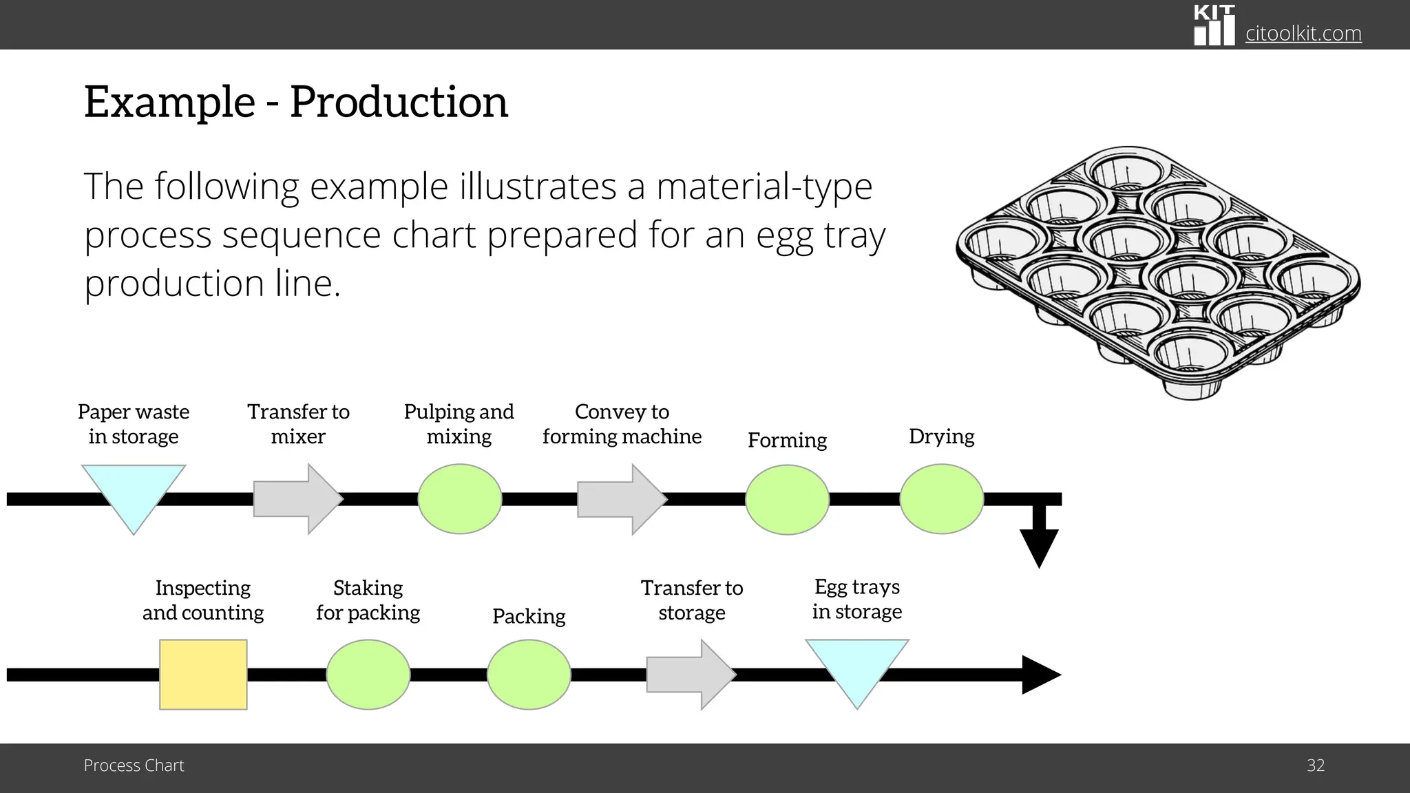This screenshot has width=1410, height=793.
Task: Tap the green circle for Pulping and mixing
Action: (x=460, y=499)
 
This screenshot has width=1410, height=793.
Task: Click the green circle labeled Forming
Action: (x=787, y=500)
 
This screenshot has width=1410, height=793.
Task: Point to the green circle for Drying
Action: (x=941, y=499)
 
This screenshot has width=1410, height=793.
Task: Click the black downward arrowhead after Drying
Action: (x=1039, y=547)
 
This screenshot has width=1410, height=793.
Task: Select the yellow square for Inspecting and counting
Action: (x=203, y=675)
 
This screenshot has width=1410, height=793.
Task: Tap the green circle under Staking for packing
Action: (x=368, y=675)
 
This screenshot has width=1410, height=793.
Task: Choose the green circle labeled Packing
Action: (x=529, y=675)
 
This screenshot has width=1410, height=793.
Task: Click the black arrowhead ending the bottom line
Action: (x=1041, y=675)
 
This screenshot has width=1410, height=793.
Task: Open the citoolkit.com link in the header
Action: (x=1303, y=33)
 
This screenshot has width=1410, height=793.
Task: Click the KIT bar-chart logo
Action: (x=1214, y=25)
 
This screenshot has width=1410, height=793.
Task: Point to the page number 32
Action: (x=1316, y=765)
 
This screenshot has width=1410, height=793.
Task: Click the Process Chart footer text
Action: (x=134, y=765)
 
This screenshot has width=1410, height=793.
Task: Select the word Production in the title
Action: (x=399, y=103)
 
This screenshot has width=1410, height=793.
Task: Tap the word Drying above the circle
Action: (x=941, y=436)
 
